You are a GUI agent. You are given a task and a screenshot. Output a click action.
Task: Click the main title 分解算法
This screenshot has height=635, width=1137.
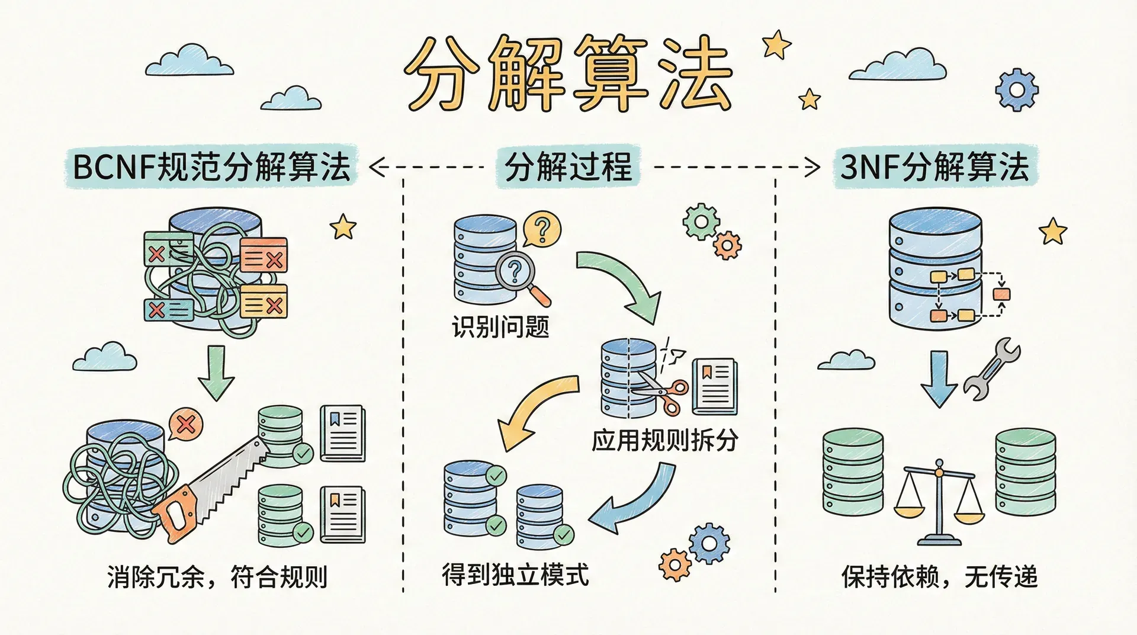coord(568,74)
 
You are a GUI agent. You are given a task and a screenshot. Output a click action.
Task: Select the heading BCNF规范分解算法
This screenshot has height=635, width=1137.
coord(211,166)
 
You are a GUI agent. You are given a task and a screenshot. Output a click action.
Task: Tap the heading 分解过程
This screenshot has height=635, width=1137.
coord(568,166)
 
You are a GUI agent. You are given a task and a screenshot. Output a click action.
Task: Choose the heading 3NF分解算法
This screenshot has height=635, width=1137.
coord(934,166)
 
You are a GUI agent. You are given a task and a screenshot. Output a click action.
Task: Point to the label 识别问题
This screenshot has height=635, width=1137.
coord(500,326)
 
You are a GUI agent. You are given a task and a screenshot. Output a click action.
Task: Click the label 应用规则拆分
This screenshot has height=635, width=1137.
coord(664,440)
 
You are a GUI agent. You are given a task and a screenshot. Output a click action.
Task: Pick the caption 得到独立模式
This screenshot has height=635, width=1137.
coord(515,575)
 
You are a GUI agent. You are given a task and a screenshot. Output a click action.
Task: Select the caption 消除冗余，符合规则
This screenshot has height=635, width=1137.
coord(217,576)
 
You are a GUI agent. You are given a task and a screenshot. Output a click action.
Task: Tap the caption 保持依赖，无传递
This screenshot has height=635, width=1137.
coord(939,576)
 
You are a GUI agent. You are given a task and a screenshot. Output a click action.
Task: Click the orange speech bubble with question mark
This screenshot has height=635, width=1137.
coord(542,228)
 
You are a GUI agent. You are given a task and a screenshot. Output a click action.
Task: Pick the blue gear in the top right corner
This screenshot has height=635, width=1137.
coord(1016,90)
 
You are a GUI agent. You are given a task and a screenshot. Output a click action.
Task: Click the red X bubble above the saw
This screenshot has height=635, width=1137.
coord(185,424)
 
